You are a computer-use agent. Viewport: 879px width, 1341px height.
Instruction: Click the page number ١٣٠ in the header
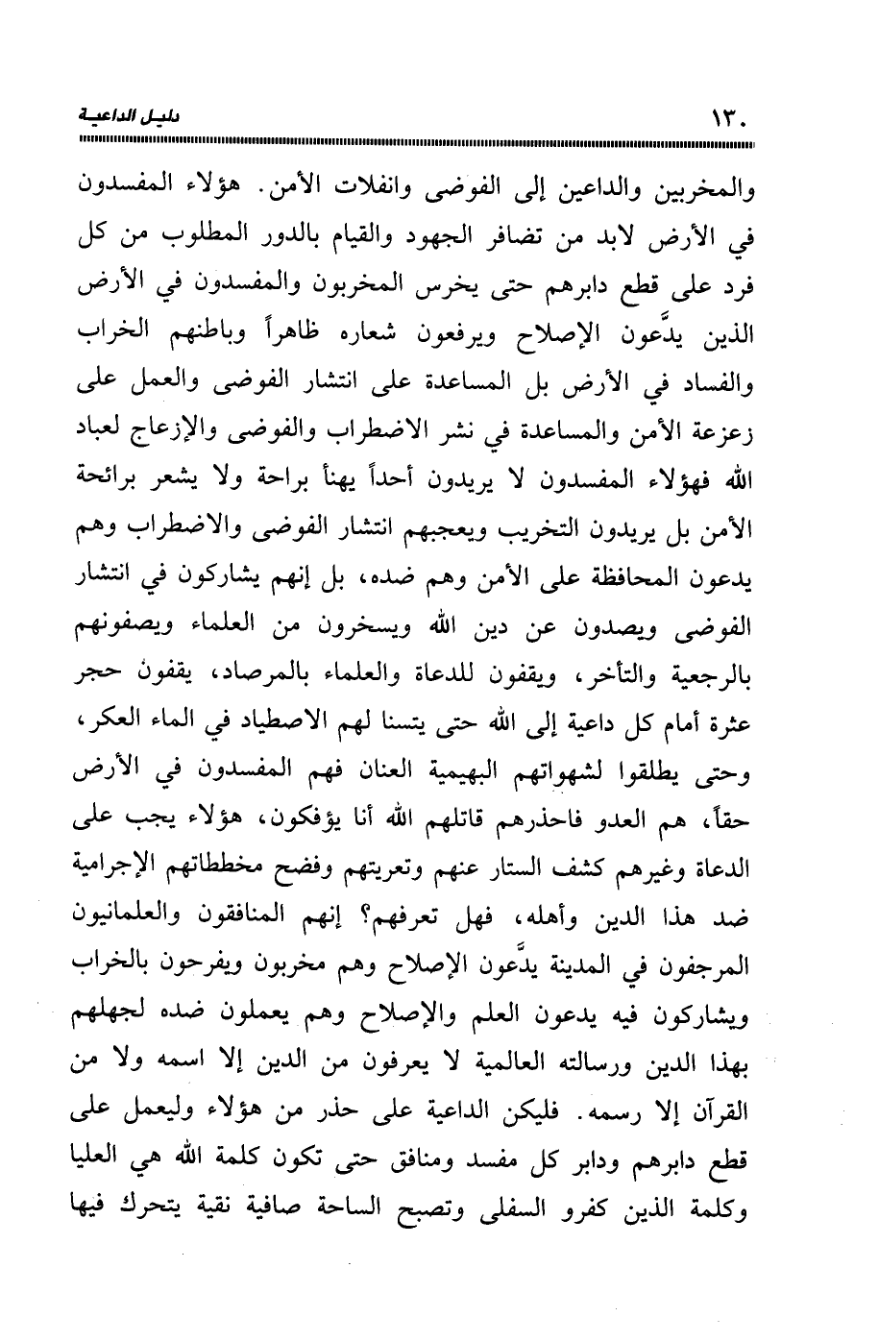728,119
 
